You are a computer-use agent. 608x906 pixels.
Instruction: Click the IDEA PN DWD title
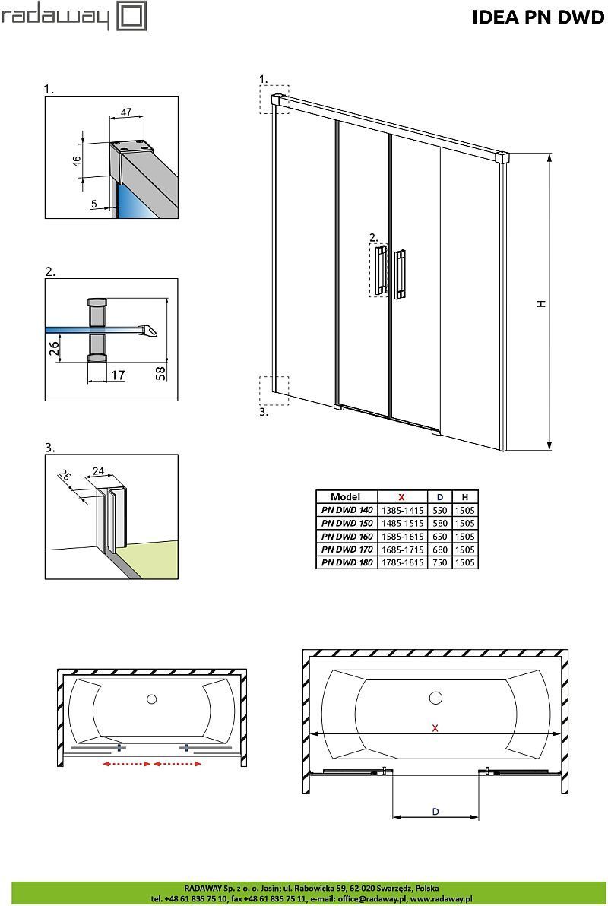click(538, 17)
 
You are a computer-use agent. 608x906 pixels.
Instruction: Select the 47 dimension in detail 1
click(126, 112)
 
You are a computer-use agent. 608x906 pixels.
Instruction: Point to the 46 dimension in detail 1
click(76, 160)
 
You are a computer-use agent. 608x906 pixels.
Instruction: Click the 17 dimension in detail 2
click(117, 375)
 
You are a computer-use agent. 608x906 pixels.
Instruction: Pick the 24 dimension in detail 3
click(99, 471)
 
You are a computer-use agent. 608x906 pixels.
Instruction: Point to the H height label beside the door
click(541, 303)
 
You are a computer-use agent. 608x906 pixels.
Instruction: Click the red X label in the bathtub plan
click(435, 727)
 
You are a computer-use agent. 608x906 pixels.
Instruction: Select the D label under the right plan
click(435, 811)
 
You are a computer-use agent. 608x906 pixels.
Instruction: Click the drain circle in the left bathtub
click(151, 698)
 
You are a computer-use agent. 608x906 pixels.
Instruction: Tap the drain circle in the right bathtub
click(435, 698)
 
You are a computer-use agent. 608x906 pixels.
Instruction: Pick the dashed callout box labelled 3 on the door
click(274, 391)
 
